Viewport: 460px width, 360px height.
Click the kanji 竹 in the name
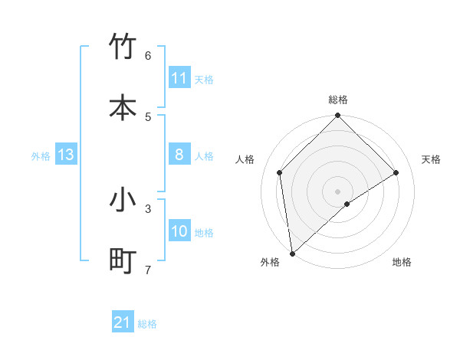[x=123, y=47]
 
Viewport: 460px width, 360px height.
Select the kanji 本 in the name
[x=123, y=108]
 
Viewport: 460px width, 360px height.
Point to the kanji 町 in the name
[x=123, y=261]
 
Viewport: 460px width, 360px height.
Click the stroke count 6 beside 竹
[x=148, y=55]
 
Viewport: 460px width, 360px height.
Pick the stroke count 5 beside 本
[x=148, y=116]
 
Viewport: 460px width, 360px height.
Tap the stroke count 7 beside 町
[x=148, y=270]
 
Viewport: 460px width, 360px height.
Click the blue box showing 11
[x=179, y=78]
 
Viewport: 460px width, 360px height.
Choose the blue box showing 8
[x=179, y=155]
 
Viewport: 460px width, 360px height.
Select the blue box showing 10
[x=179, y=231]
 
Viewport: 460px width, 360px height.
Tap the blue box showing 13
[x=65, y=155]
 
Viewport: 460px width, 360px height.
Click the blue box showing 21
[x=122, y=322]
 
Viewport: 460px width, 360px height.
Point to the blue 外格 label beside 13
[x=41, y=156]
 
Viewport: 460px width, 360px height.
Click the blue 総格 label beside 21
[x=147, y=324]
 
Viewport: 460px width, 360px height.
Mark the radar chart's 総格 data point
[x=337, y=116]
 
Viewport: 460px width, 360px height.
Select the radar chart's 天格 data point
[x=396, y=172]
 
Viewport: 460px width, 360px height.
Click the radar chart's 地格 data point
[x=347, y=204]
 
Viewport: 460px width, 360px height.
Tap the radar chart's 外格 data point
[x=292, y=253]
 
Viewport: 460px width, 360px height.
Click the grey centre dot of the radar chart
[x=337, y=191]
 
